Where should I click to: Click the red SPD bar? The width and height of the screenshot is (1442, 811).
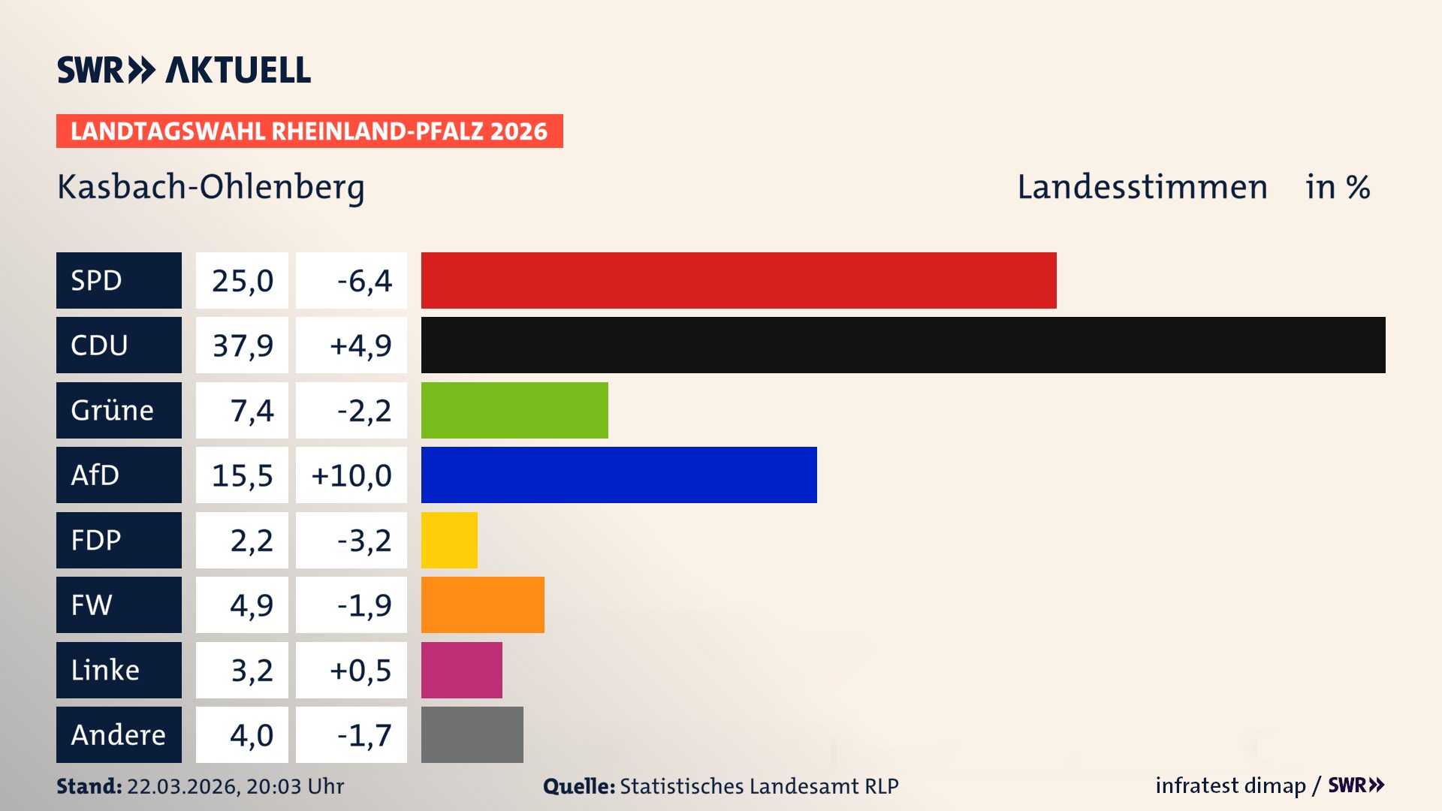(738, 280)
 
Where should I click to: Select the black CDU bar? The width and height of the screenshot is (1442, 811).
(903, 345)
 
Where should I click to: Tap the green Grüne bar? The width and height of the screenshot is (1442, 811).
(514, 410)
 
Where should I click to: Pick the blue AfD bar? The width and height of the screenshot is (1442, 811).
(619, 475)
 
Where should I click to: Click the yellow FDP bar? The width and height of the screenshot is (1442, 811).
(449, 540)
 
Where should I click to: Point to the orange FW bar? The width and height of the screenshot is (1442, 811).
(482, 604)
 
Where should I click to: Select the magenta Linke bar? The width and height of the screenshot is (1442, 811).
(461, 670)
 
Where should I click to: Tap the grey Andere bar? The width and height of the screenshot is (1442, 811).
(472, 734)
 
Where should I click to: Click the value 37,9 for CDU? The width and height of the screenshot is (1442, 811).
(242, 345)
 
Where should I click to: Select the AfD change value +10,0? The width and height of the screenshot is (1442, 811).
(351, 475)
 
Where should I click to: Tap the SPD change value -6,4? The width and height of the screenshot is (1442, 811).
(364, 281)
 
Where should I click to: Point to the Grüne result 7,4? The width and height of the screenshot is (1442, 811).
(252, 411)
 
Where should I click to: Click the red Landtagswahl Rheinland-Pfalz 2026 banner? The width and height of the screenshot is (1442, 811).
(309, 131)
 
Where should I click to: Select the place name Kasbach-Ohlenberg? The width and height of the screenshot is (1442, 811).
(211, 187)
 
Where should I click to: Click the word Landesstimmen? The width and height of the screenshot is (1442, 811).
(1142, 187)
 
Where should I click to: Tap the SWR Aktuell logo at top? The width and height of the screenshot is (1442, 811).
(184, 70)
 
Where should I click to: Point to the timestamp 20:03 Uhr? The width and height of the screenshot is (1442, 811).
(294, 786)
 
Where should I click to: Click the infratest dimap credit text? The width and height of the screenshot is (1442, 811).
(1230, 785)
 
